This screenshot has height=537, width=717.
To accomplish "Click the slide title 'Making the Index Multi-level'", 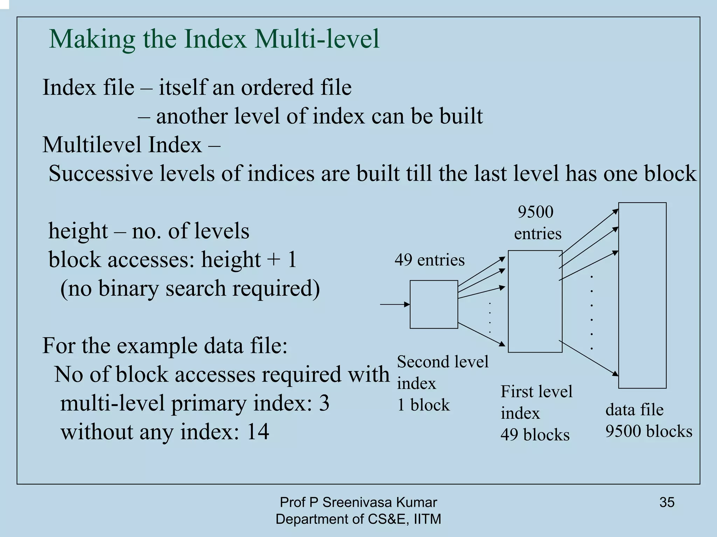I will click(x=214, y=39).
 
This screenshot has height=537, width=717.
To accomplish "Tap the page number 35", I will click(x=667, y=502).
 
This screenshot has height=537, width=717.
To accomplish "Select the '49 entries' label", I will click(x=429, y=260).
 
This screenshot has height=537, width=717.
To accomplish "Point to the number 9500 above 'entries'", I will click(x=535, y=212).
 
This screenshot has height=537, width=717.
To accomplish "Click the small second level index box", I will click(x=434, y=304).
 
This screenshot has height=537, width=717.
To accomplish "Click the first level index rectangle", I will click(x=535, y=301).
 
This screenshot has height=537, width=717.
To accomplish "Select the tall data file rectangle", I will click(x=642, y=295).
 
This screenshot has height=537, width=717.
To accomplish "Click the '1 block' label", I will click(x=423, y=405).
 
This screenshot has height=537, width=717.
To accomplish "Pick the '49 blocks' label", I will click(x=535, y=435).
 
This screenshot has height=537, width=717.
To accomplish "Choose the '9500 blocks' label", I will click(x=648, y=431).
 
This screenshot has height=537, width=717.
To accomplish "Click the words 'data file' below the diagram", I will click(x=634, y=410).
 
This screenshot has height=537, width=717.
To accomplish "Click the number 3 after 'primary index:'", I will click(x=324, y=403).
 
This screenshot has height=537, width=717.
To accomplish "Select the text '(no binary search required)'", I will click(x=190, y=289).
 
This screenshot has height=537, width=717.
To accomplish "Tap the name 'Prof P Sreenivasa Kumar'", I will click(x=358, y=502).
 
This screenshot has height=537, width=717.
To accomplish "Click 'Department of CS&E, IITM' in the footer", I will click(x=358, y=519).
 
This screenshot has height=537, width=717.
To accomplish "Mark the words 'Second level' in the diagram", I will click(x=443, y=362).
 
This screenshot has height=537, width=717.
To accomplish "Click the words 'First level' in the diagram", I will click(x=536, y=391).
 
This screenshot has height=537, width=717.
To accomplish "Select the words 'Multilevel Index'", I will click(x=122, y=145).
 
